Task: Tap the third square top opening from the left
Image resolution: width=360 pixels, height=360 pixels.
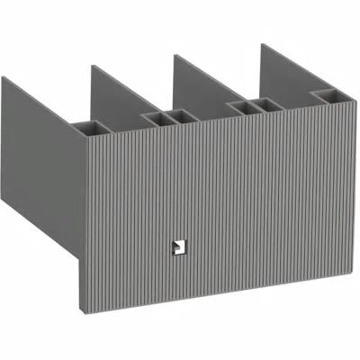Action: click(x=182, y=116)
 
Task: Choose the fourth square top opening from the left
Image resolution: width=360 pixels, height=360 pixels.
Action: click(x=240, y=106)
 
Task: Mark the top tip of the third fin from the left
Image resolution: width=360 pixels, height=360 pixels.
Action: click(x=174, y=55)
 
